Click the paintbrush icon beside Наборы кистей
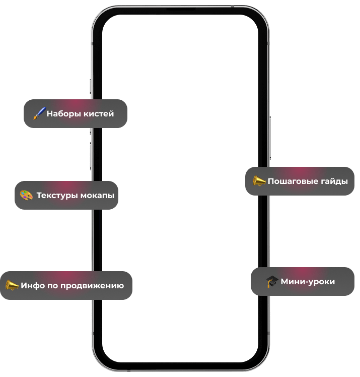[39, 113]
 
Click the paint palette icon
[26, 195]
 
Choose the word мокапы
[98, 196]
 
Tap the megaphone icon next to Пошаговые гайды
[259, 181]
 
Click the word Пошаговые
[291, 181]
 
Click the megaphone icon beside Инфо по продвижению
[12, 286]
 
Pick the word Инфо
[33, 286]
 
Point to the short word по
[53, 286]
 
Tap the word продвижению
[92, 286]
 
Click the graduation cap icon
[272, 282]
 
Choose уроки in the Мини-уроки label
[322, 282]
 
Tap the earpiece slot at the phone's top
[180, 9]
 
